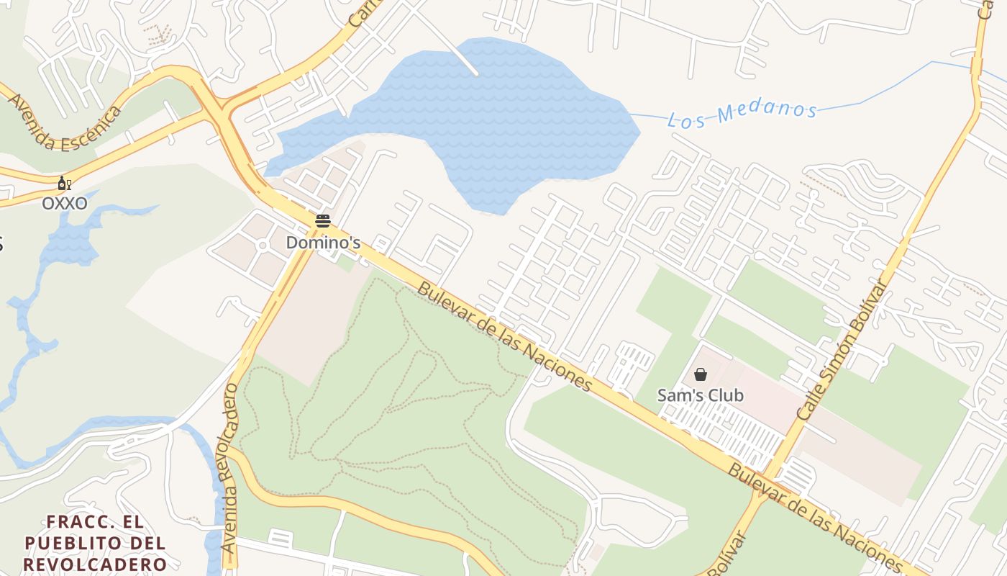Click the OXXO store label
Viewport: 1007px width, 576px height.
[x=65, y=204]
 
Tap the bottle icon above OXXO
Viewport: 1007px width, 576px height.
[x=64, y=184]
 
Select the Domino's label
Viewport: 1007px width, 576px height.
[x=323, y=243]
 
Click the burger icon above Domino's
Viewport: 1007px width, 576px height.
[x=322, y=221]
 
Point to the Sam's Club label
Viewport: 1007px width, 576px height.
[x=700, y=395]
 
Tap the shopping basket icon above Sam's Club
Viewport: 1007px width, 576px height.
[x=700, y=374]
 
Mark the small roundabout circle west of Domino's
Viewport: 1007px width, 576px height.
[x=262, y=246]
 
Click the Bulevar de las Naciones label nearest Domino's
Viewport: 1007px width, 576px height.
[x=503, y=335]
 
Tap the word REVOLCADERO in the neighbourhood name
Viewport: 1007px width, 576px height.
[x=95, y=564]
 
